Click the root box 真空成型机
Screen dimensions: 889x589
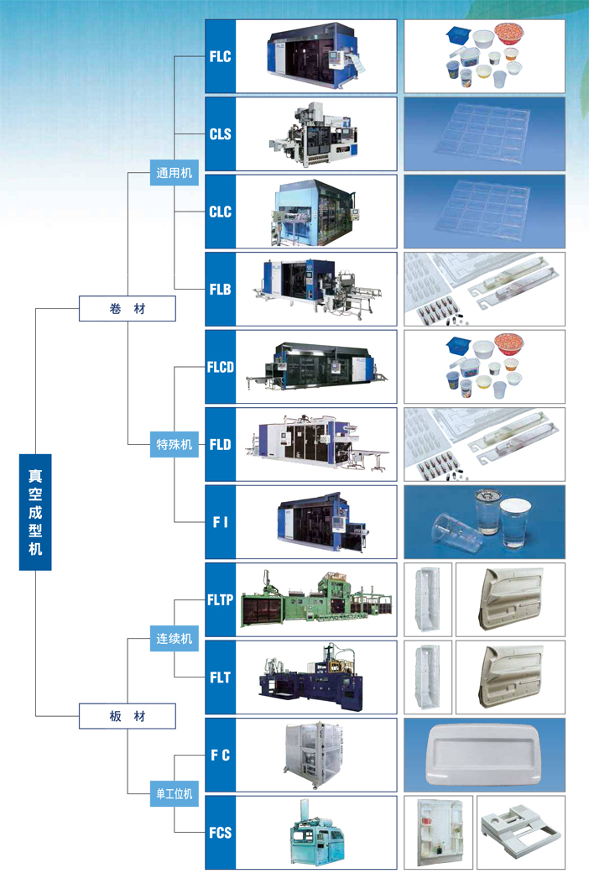35,512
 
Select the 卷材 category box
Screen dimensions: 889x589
128,308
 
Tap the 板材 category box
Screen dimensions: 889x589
128,716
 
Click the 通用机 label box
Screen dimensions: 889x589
175,174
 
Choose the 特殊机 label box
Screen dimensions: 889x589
175,444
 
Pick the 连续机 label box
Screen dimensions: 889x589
175,639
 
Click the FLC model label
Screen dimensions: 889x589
220,56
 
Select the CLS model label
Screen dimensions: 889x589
220,134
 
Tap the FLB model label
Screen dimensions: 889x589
220,290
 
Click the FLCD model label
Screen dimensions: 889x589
220,367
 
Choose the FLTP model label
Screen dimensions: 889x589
220,600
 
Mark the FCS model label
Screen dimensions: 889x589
220,833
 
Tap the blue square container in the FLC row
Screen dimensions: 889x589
457,36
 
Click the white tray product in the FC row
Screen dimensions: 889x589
484,755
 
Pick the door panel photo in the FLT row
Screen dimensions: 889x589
509,677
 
